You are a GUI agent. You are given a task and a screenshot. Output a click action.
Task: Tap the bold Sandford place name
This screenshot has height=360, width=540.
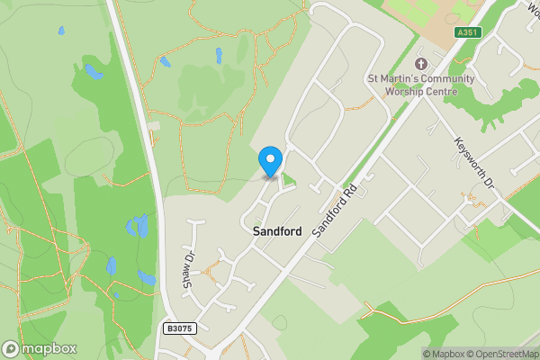coord(276,231)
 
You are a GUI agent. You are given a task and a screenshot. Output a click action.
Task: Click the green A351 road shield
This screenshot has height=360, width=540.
coord(468,32)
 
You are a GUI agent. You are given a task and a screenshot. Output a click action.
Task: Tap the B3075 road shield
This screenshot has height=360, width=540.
coord(180,329)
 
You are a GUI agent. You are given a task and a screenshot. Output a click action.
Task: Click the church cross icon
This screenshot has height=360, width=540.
coord(420,64)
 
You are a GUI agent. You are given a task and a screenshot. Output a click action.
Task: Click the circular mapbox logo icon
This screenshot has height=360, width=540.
coord(12,348)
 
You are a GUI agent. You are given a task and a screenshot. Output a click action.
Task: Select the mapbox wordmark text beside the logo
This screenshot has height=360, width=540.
coord(49,348)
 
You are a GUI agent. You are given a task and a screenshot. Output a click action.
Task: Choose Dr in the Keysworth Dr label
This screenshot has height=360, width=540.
coord(490,180)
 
